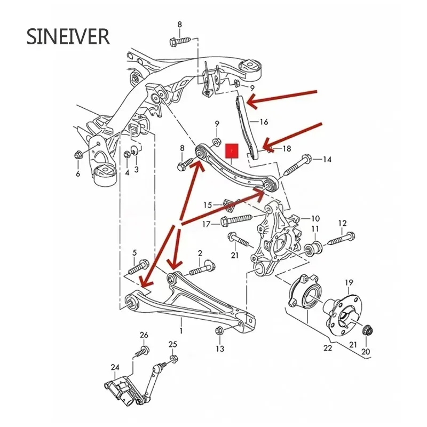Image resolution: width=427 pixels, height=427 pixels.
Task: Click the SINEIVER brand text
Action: [x=68, y=37]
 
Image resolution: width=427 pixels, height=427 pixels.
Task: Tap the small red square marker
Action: [x=232, y=152]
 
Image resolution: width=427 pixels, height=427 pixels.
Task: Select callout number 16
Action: [x=264, y=122]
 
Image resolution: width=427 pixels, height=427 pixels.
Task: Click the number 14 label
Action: [x=327, y=159]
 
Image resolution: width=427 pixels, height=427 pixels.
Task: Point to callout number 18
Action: [x=287, y=149]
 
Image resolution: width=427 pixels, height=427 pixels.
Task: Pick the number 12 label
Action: [x=342, y=223]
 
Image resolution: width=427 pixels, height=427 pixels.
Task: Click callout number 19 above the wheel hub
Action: [x=349, y=282]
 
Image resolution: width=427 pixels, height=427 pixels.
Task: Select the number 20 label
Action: [x=365, y=352]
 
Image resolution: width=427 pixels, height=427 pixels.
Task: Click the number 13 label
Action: [x=220, y=349]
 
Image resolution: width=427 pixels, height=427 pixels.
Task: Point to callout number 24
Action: [x=115, y=367]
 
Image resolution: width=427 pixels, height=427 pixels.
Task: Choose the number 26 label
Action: [x=144, y=335]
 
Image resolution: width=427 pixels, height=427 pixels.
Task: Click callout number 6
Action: [x=78, y=174]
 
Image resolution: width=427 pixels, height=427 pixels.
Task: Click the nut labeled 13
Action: [x=219, y=330]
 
